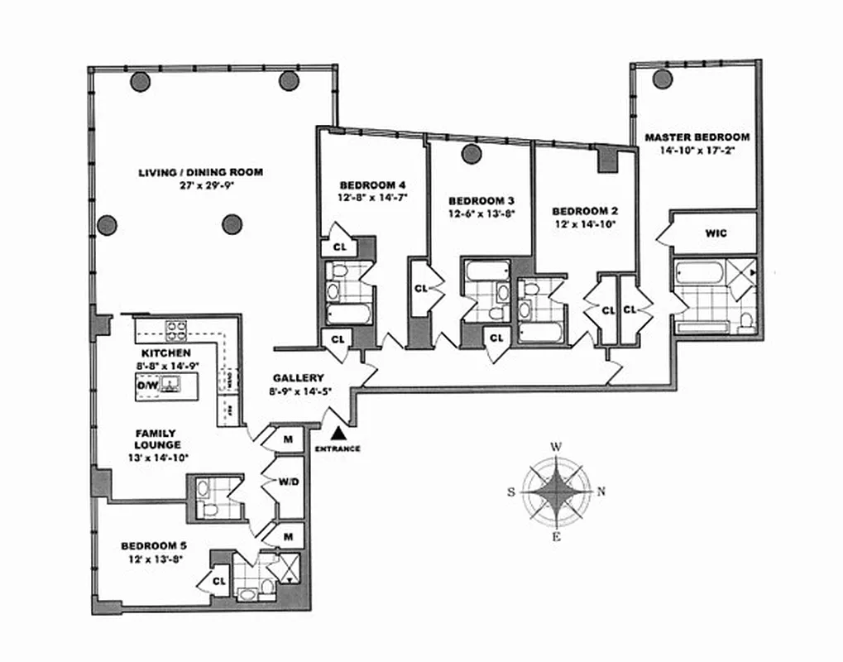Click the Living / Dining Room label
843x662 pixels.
point(200,172)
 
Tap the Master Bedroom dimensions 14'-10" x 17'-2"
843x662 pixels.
point(697,150)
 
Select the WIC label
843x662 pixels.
point(716,233)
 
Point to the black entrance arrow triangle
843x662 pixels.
point(338,433)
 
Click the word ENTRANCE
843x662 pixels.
point(338,449)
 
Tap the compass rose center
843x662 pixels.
point(558,492)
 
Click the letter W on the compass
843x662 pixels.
point(557,447)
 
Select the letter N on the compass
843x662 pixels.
point(601,492)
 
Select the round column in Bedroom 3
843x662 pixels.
point(472,153)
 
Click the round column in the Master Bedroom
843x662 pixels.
point(661,79)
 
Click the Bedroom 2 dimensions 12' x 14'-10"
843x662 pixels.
point(584,223)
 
